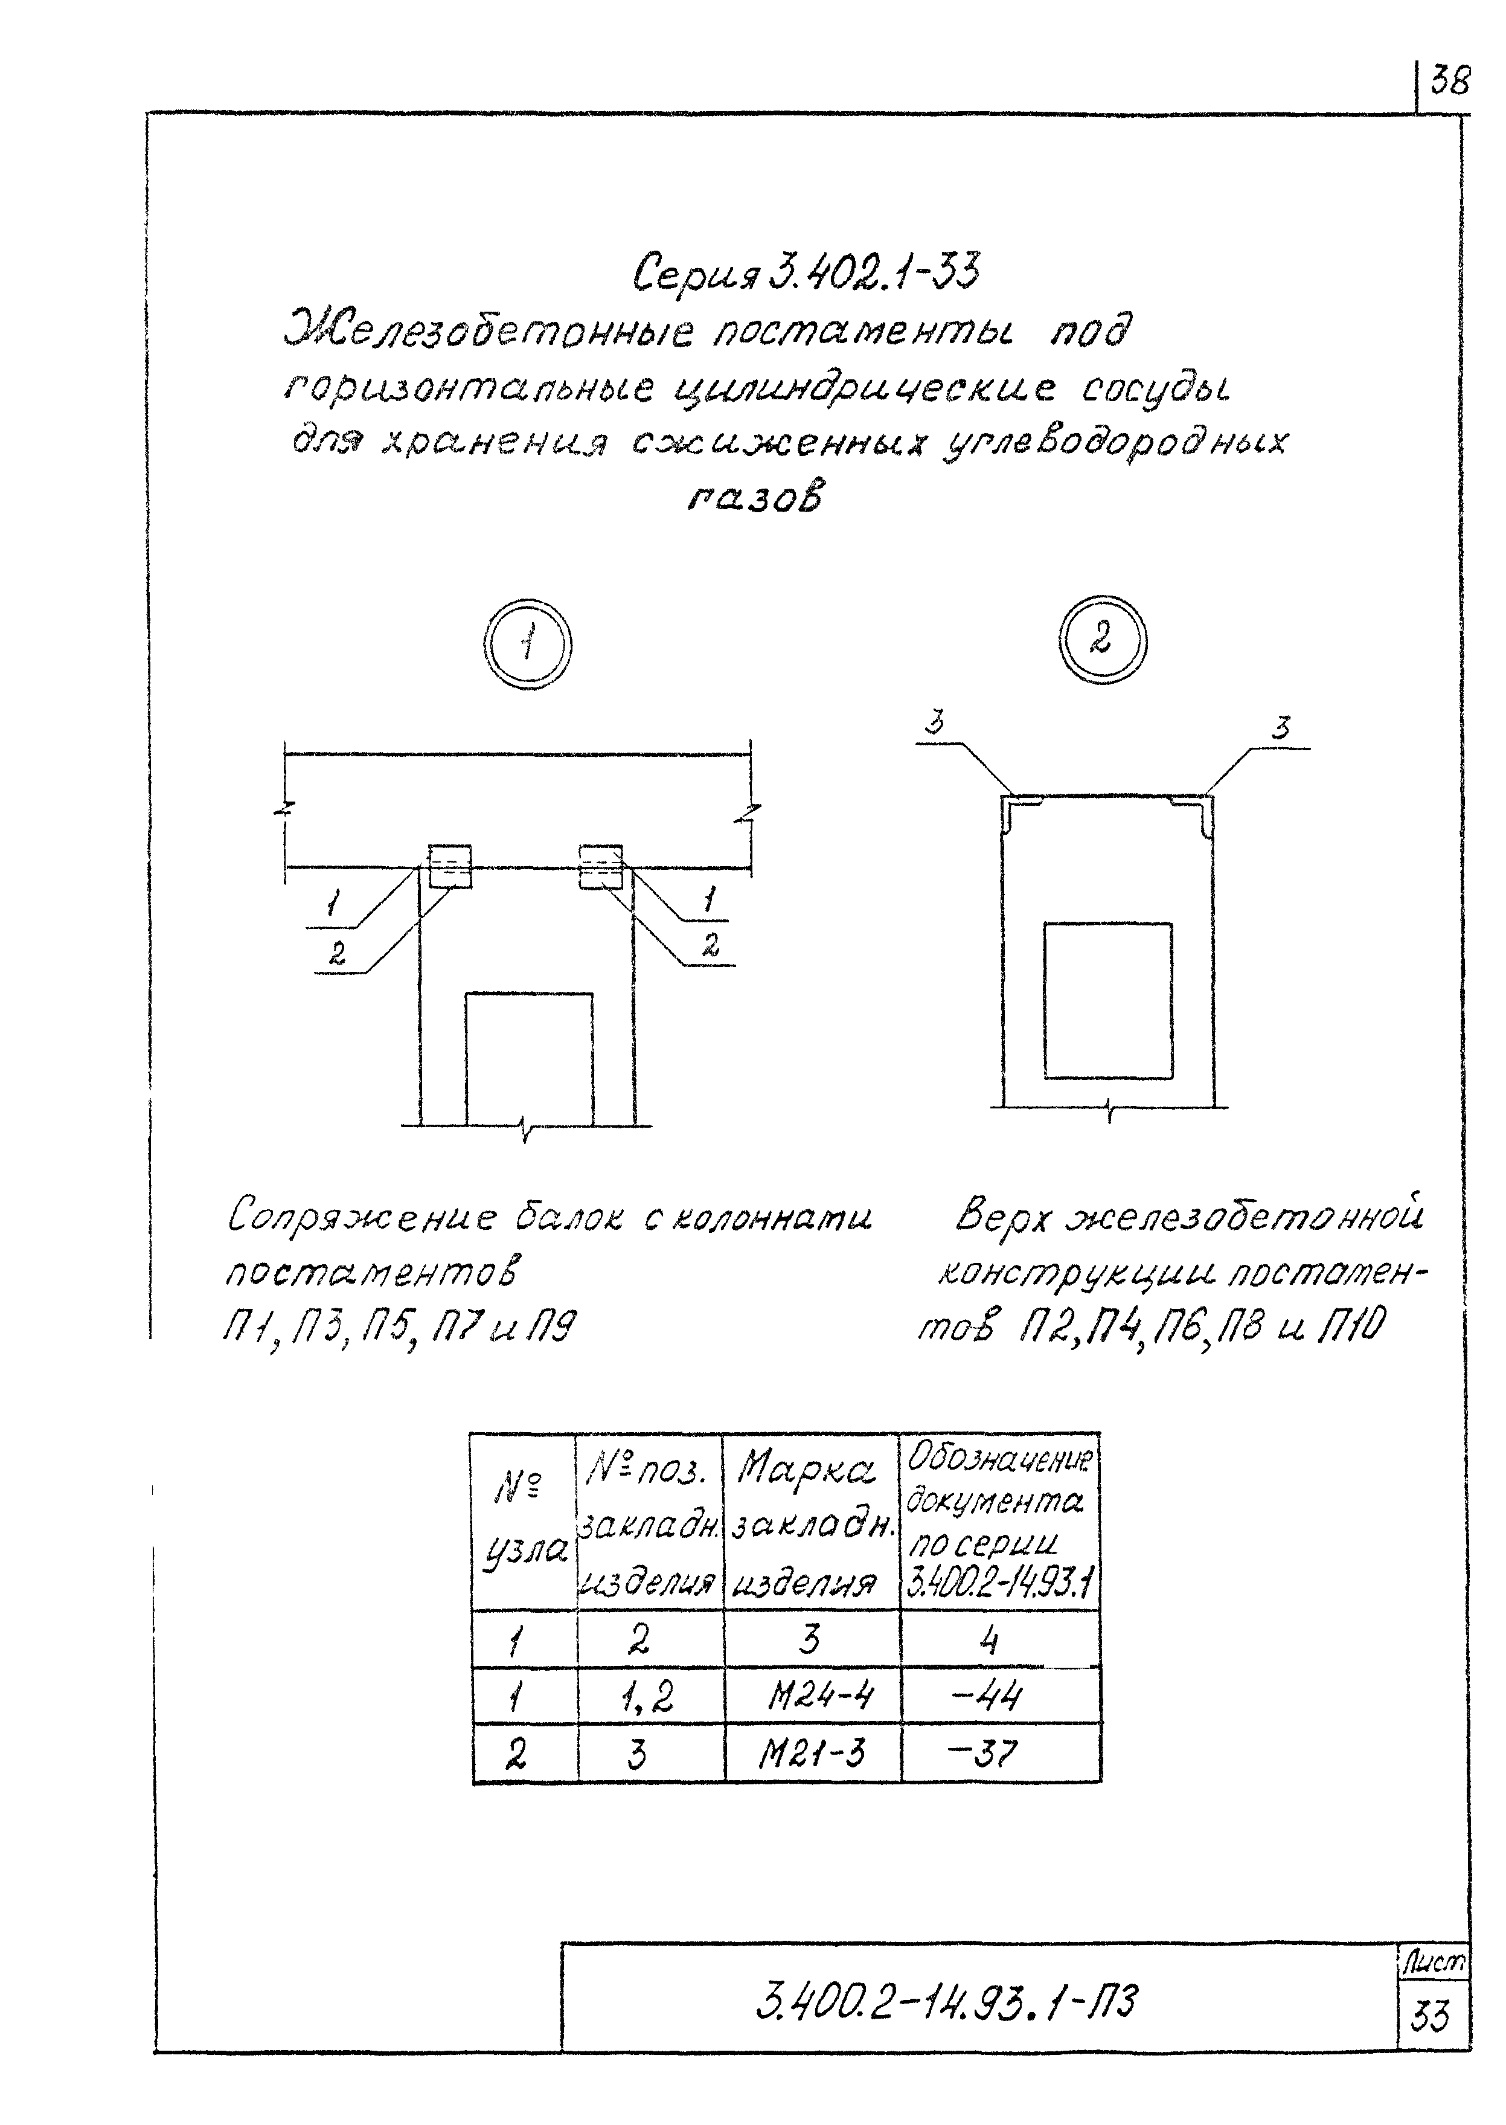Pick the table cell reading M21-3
click(x=812, y=1754)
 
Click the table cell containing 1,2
click(x=649, y=1697)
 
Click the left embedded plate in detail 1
click(x=450, y=866)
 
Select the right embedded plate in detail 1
click(x=601, y=866)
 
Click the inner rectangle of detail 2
click(x=1107, y=1000)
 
